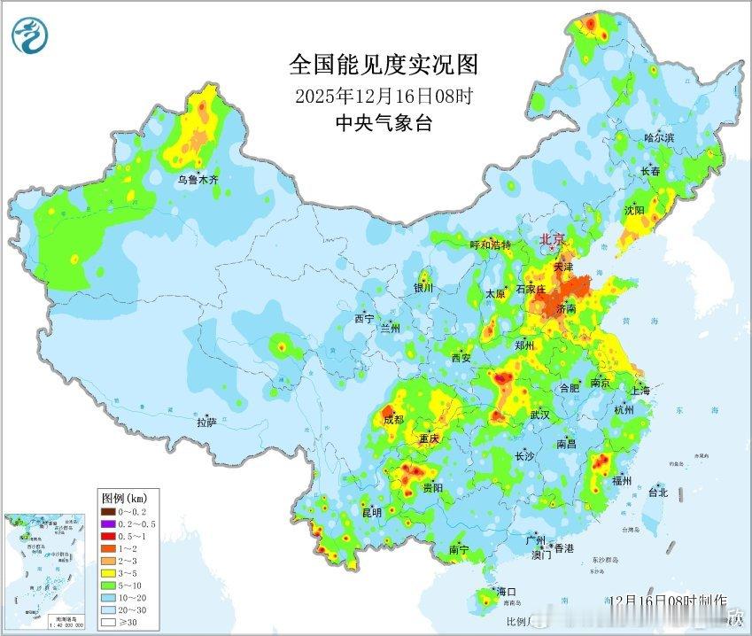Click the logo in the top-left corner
32,35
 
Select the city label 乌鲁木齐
197,180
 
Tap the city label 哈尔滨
658,138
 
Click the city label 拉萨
206,423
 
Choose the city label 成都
393,420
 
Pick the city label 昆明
371,512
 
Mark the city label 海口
505,592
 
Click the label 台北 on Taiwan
657,493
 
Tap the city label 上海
640,391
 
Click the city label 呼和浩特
490,245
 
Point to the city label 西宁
364,318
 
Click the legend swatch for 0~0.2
106,511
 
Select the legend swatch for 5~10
106,585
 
